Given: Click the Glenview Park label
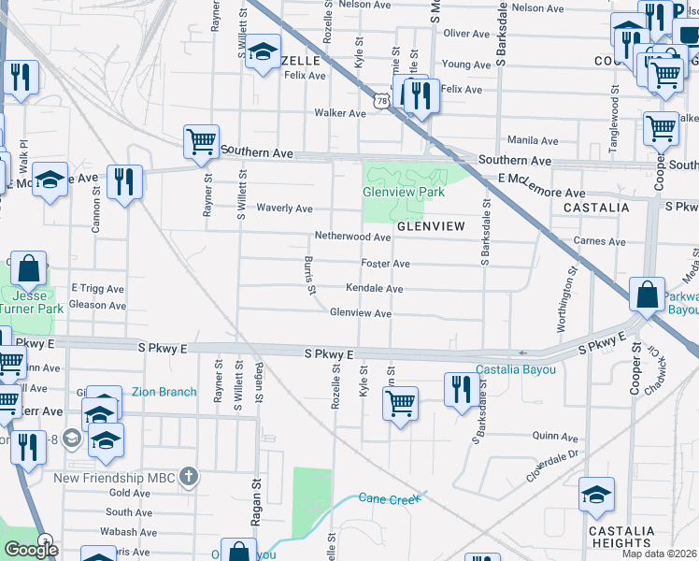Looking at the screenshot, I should click(x=403, y=192).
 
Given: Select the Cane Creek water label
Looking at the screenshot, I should click(x=387, y=499).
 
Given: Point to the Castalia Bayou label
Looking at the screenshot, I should click(x=516, y=370).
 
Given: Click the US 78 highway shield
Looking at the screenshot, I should click(x=381, y=99).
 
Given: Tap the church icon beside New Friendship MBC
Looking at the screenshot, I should click(x=189, y=477).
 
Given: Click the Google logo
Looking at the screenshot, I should click(x=31, y=550).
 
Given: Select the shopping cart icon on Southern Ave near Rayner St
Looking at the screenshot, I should click(x=201, y=142).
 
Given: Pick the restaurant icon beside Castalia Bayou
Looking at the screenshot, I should click(x=458, y=389).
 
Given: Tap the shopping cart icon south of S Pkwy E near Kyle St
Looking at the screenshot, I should click(x=400, y=403).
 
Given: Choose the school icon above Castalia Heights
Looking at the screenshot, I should click(x=596, y=496).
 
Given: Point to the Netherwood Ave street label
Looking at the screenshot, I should click(x=352, y=238).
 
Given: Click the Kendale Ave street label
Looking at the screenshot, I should click(x=374, y=289).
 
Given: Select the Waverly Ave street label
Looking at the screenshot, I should click(x=284, y=209).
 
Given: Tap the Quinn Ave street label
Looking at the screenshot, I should click(x=555, y=436).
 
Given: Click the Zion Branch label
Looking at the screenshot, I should click(x=164, y=392).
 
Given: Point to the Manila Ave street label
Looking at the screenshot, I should click(x=533, y=140).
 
